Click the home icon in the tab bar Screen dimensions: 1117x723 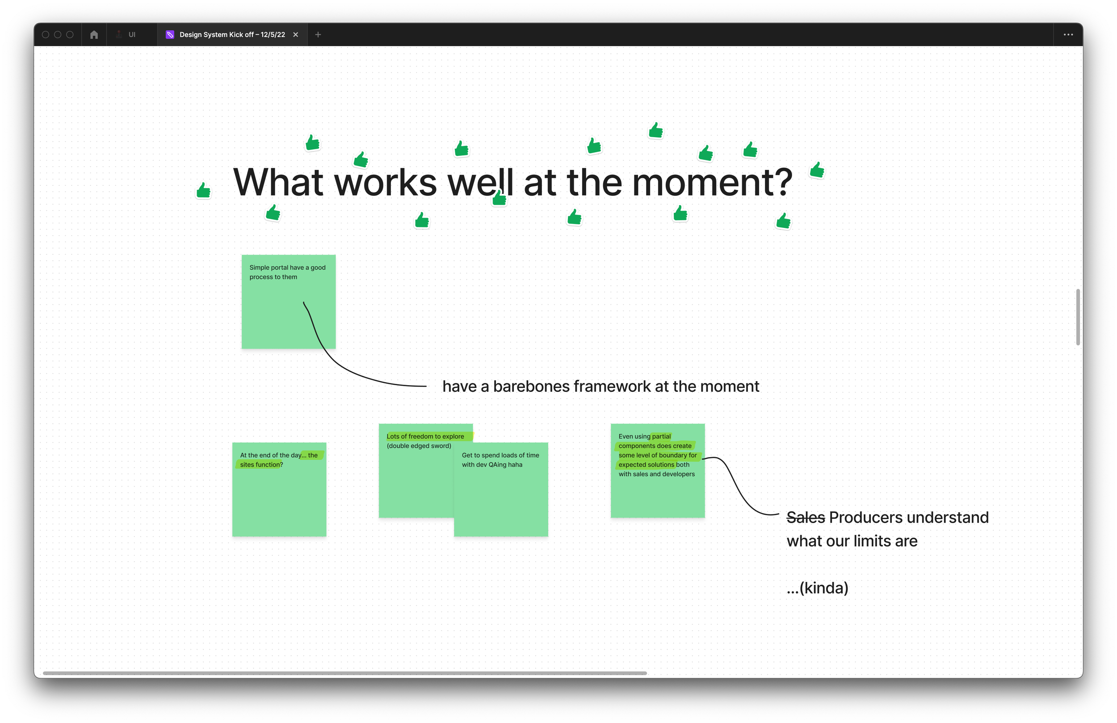[94, 35]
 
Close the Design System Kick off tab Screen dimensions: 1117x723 [296, 35]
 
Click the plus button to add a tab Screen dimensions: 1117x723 [318, 35]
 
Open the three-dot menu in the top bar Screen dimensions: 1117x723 [1068, 35]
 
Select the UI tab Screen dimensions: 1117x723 [131, 35]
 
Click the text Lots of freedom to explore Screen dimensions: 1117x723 [425, 437]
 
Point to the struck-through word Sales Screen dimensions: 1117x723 [806, 517]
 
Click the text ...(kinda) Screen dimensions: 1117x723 [817, 588]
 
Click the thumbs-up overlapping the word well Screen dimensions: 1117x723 [500, 198]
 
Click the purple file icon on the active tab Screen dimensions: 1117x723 [170, 35]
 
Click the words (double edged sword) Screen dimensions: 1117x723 [419, 446]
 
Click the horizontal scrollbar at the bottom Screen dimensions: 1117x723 [344, 673]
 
